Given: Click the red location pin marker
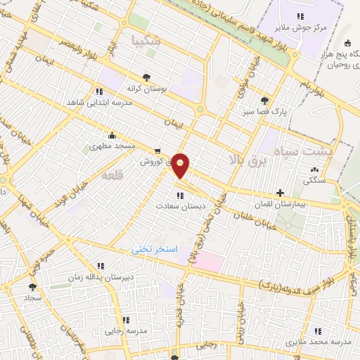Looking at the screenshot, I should coord(181,165).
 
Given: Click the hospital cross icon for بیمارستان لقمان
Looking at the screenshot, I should coord(280,192).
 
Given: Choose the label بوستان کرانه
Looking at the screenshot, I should coord(146,89).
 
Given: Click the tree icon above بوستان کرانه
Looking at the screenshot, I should coord(146,78).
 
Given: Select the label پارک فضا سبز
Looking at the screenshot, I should coord(264,111).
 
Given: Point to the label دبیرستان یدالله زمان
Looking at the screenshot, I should coord(100,277).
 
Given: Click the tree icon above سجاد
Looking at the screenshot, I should coord(32,287).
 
